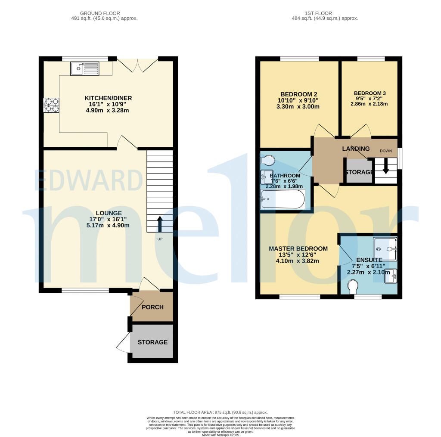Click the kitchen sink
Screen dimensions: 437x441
pos(85,68)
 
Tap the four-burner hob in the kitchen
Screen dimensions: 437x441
pos(51,105)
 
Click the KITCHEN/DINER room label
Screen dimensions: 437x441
pos(108,98)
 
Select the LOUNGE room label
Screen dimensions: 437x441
pos(109,213)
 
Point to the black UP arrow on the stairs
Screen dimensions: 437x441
pos(160,224)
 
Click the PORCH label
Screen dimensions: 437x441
pos(152,307)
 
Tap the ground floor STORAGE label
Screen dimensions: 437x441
pos(152,342)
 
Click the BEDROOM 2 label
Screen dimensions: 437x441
pos(299,94)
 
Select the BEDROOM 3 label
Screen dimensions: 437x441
pos(370,93)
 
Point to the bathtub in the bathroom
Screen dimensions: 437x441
pos(283,199)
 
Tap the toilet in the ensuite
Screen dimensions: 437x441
pos(353,286)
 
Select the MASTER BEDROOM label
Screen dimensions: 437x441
pos(298,248)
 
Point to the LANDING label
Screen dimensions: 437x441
pos(356,149)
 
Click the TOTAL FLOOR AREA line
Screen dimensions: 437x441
pos(220,412)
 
